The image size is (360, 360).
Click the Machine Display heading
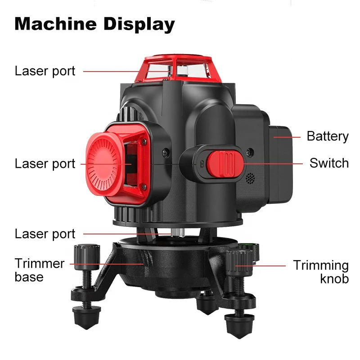point(94,24)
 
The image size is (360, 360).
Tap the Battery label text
point(328,137)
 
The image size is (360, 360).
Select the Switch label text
point(329,163)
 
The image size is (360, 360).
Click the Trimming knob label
point(321,272)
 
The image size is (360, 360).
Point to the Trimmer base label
point(39,270)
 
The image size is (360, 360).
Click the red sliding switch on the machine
point(225,164)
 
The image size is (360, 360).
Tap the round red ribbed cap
point(104,164)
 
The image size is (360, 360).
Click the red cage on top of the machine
point(178,68)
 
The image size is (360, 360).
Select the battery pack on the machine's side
point(281,164)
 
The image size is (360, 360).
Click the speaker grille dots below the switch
point(250,178)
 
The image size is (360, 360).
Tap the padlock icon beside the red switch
point(202,164)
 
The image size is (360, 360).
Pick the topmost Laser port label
point(45,71)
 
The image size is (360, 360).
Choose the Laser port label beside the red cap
point(45,164)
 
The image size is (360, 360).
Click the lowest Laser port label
point(45,234)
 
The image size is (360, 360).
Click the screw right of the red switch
point(250,152)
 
